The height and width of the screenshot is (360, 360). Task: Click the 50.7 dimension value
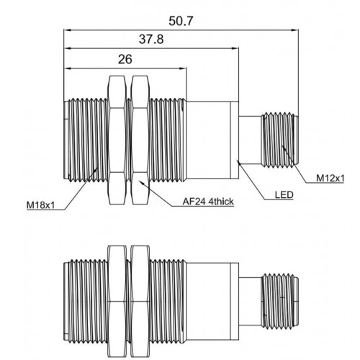[x=181, y=21]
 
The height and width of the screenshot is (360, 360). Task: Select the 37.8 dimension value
[x=151, y=39]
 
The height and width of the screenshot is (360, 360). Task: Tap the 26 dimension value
[x=125, y=59]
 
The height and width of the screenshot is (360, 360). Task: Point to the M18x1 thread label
[x=40, y=205]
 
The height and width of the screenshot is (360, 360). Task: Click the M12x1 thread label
[x=330, y=179]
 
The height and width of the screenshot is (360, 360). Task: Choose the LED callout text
[x=284, y=195]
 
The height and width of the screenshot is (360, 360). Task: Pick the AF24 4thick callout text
[x=208, y=202]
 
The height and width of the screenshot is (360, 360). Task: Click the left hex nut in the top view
[x=117, y=140]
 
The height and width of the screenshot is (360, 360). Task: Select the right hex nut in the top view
[x=140, y=140]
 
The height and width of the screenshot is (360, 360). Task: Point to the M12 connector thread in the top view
[x=279, y=140]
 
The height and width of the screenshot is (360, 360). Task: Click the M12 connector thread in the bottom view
[x=279, y=301]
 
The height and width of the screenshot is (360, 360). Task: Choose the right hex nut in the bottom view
[x=140, y=302]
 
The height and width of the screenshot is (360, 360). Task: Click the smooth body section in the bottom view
[x=212, y=302]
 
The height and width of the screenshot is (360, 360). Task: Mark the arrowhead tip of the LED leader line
[x=238, y=161]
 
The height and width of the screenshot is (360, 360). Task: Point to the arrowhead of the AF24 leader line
[x=140, y=181]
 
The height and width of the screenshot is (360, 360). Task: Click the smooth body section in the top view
[x=212, y=140]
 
